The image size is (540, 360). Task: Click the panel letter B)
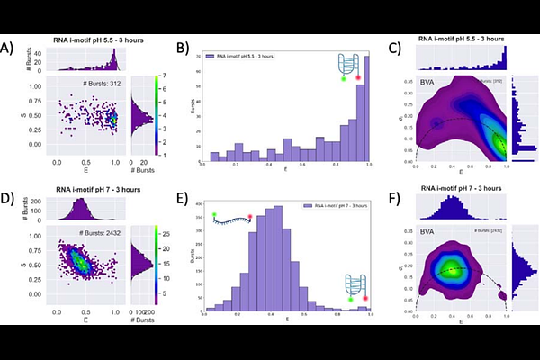click(184, 47)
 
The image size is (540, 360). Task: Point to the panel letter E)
click(184, 192)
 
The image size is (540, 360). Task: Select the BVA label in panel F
click(428, 232)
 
